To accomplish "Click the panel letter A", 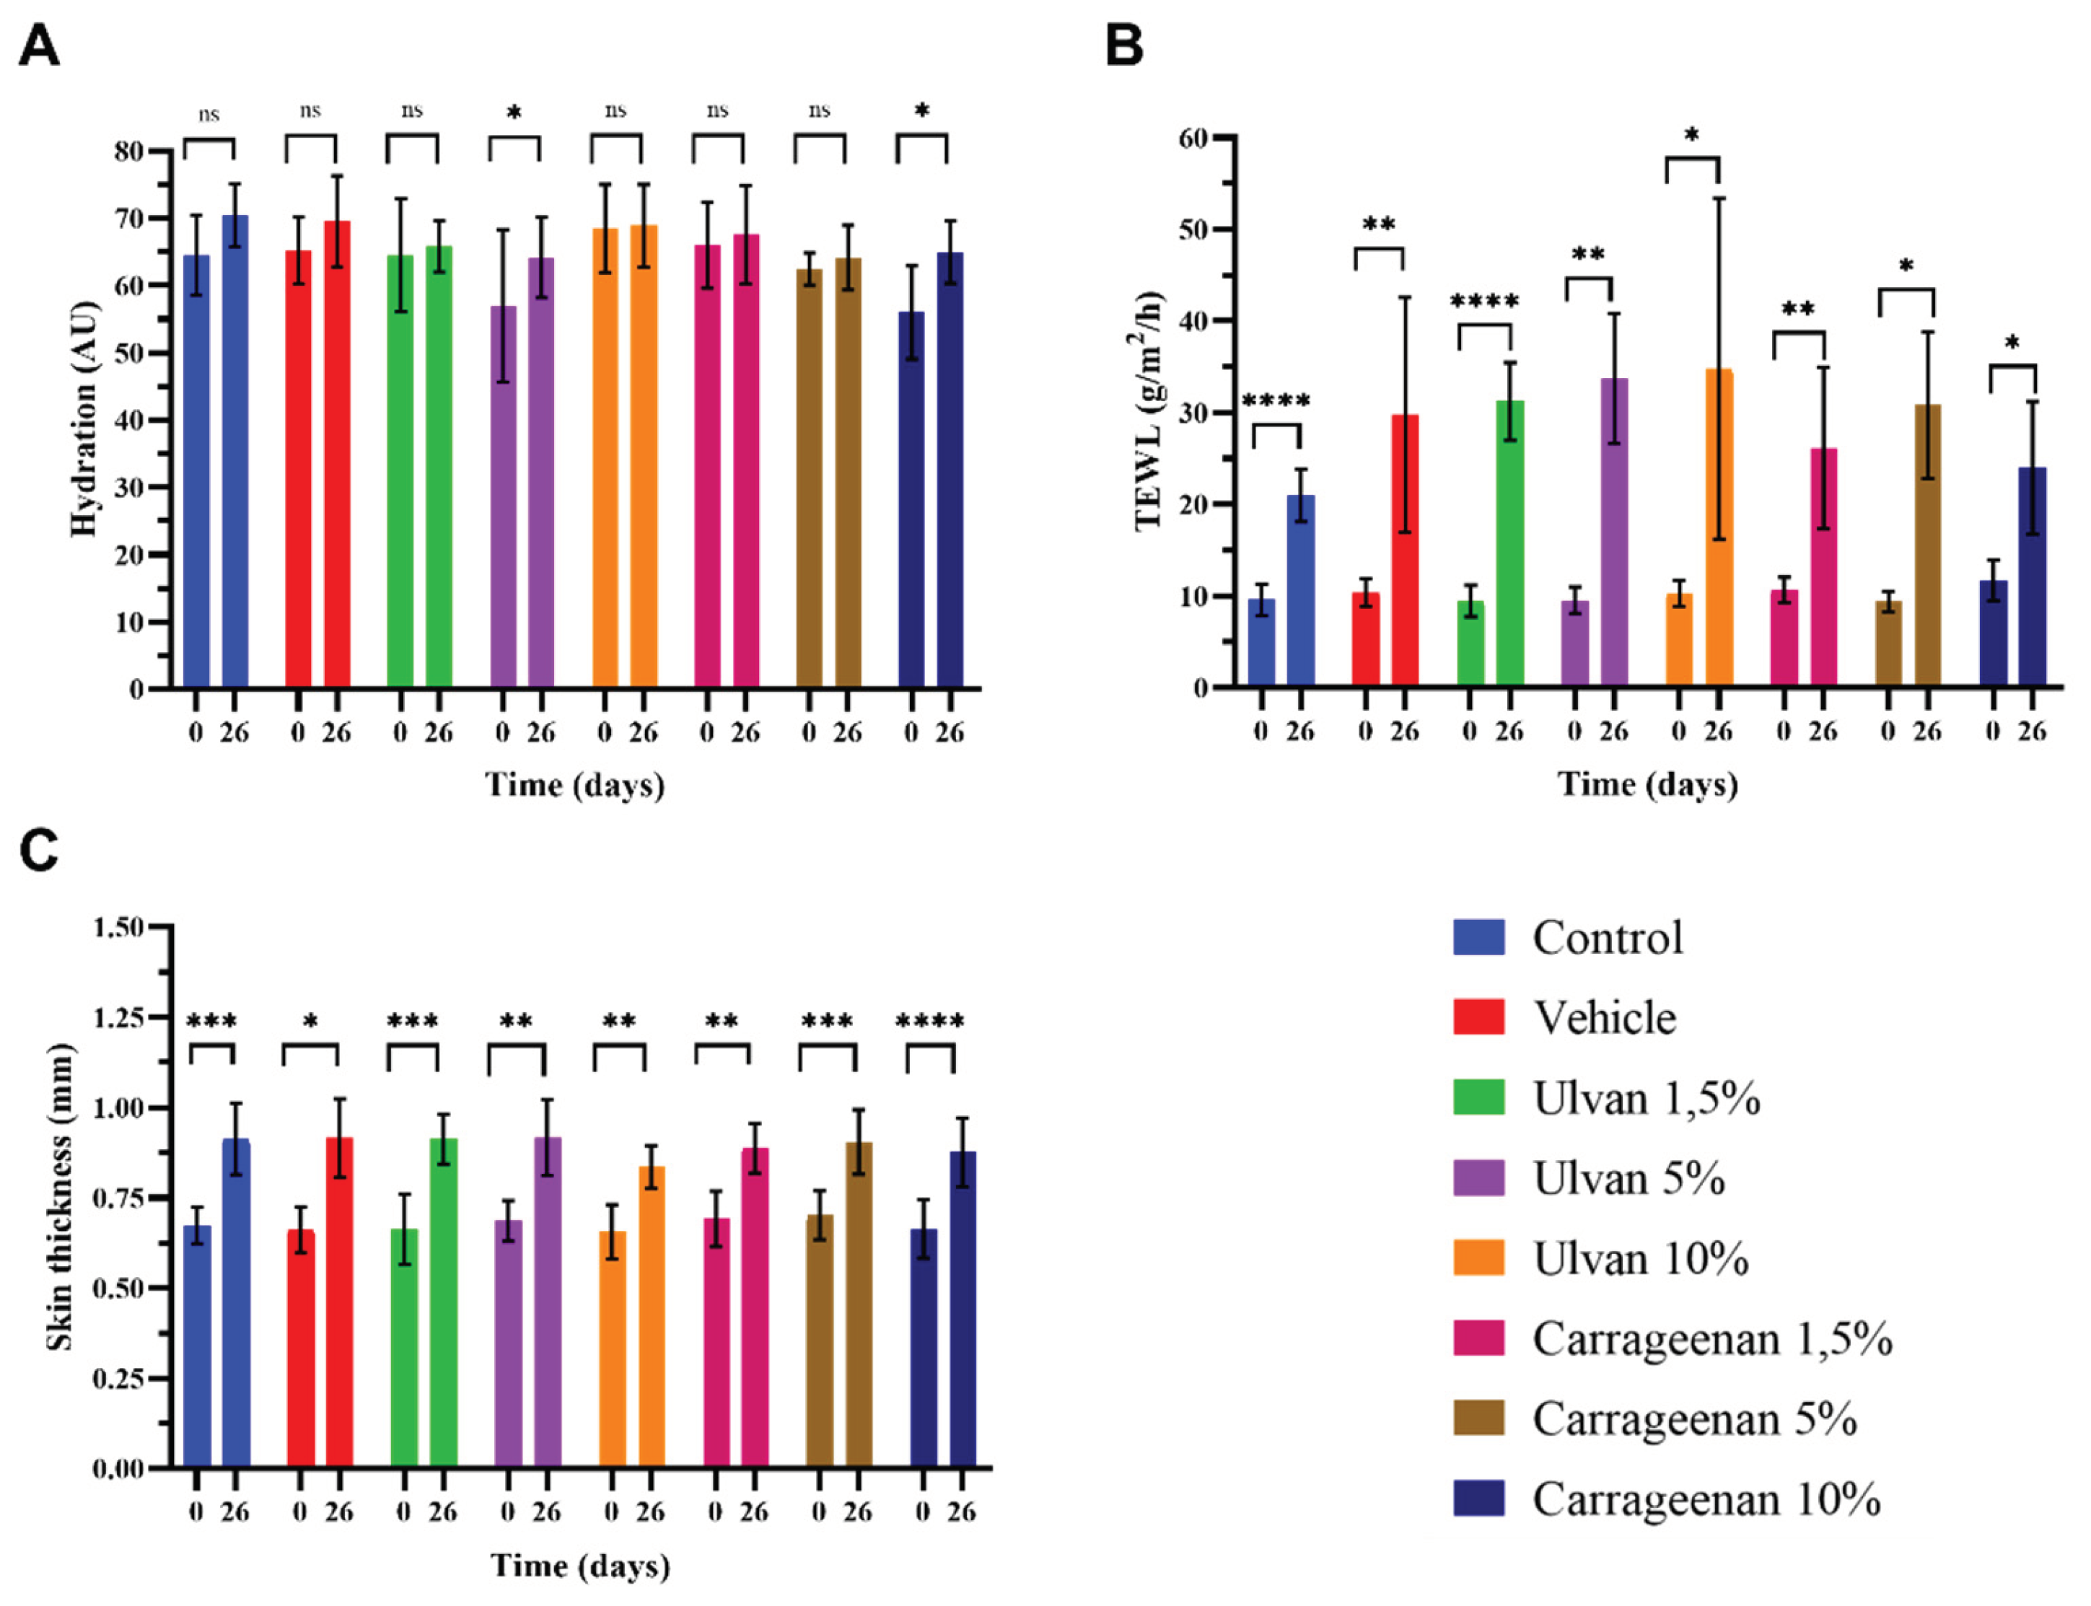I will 39,46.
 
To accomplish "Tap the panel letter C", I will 39,849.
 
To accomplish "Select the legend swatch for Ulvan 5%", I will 1478,1177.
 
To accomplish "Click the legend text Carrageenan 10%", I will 1706,1499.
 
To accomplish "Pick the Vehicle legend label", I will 1605,1017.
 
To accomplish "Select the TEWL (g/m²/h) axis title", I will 1149,409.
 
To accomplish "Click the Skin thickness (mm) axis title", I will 59,1197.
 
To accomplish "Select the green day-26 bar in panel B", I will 1509,543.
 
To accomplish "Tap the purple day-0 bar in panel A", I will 503,497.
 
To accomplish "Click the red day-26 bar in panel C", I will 338,1300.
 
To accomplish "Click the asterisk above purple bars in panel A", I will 514,113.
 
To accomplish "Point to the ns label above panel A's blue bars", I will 209,115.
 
